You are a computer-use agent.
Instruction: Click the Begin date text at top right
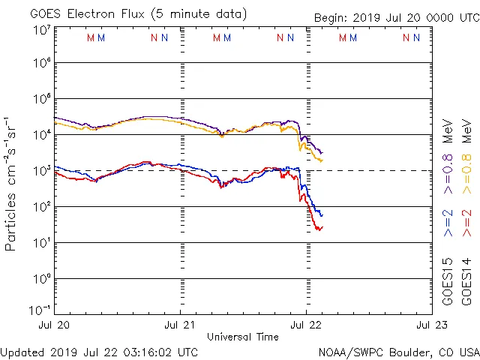tap(395, 17)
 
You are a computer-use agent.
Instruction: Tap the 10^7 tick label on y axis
tap(41, 30)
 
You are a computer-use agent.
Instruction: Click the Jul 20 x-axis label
tap(54, 325)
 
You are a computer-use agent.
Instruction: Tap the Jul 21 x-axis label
tap(180, 325)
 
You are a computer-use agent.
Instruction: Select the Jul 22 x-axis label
tap(305, 325)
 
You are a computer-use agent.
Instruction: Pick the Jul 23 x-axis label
tap(430, 325)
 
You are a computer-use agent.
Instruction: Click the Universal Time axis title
tap(242, 337)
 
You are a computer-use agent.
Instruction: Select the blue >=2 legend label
tap(448, 224)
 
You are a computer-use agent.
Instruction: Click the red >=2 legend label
tap(466, 224)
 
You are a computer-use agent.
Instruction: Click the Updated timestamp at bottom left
tap(100, 352)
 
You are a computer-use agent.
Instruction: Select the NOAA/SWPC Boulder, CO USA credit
tap(398, 352)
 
